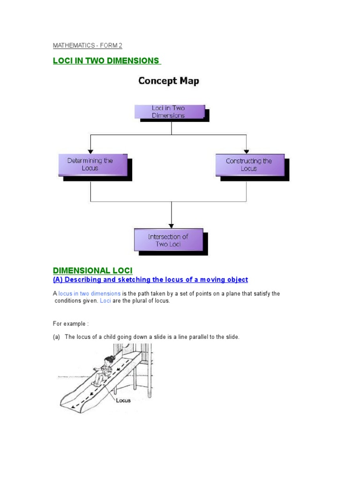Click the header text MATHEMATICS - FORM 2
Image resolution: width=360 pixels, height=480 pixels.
(x=87, y=45)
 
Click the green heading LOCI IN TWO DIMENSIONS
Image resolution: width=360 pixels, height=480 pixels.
(x=106, y=61)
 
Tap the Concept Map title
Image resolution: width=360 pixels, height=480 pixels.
(x=168, y=81)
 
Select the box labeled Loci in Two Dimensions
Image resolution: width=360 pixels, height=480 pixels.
(x=169, y=112)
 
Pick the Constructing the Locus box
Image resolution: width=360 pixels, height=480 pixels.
(x=249, y=165)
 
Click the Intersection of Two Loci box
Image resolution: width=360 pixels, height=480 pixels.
(x=168, y=240)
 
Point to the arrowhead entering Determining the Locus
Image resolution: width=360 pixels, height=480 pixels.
(x=90, y=150)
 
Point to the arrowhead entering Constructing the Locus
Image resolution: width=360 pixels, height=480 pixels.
(x=247, y=150)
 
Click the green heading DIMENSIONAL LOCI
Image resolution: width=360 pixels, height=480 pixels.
(x=93, y=270)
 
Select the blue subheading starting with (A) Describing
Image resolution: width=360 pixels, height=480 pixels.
(x=150, y=280)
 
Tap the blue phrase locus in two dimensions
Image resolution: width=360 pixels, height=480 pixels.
(x=89, y=294)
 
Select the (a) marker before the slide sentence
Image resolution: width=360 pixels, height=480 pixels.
(x=56, y=337)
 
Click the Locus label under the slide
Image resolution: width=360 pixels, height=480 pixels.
(x=123, y=400)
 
